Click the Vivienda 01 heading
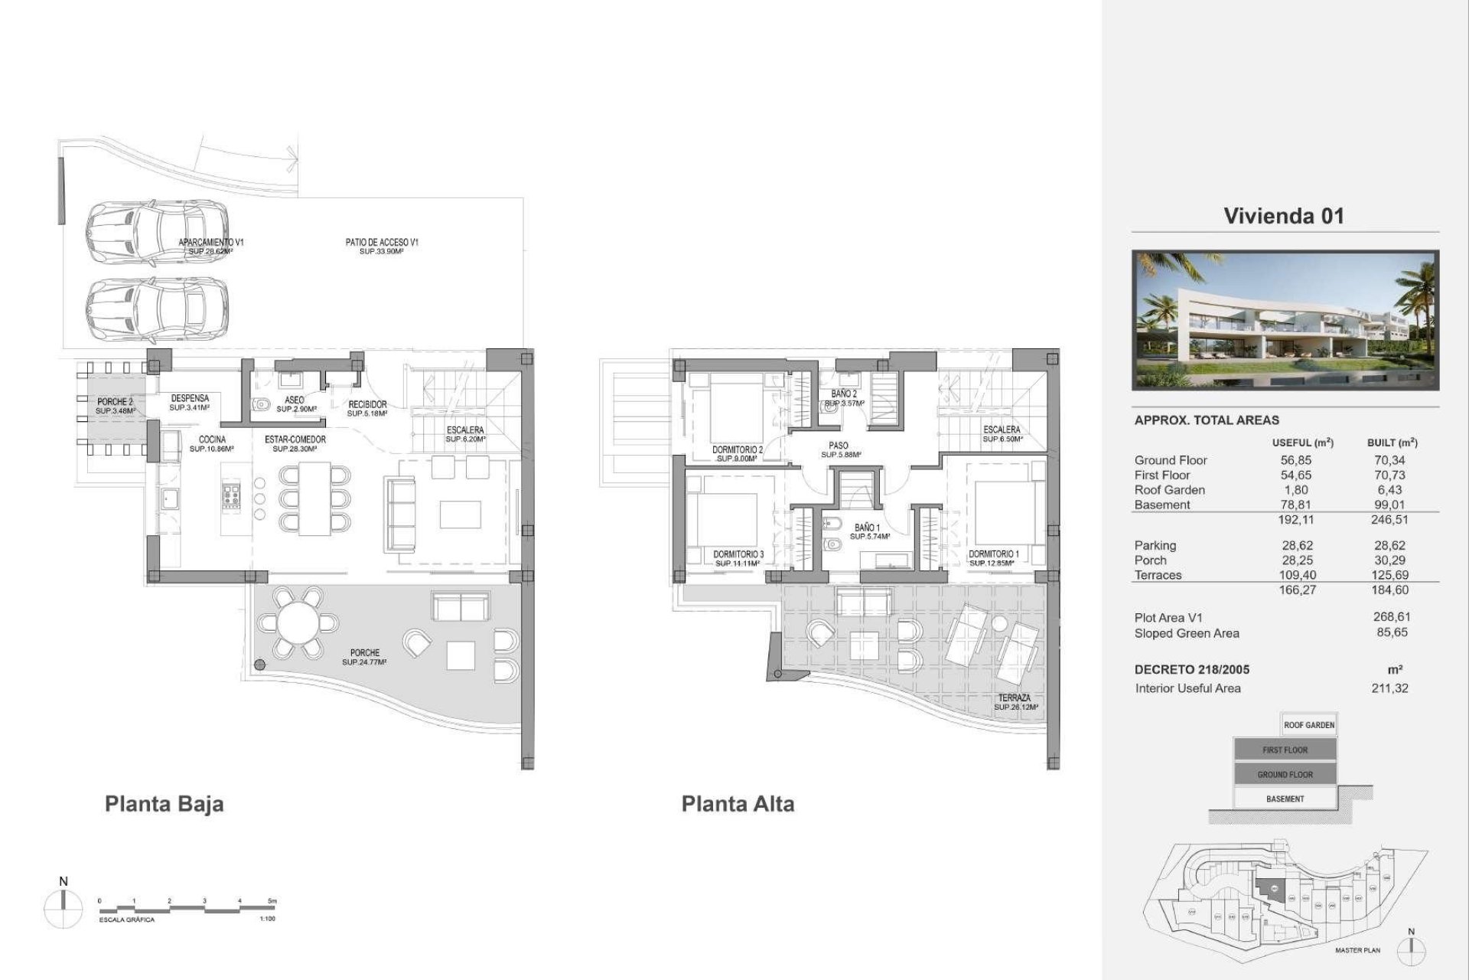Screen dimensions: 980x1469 click(1283, 216)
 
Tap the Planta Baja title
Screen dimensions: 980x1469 click(164, 804)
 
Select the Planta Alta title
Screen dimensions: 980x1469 click(738, 804)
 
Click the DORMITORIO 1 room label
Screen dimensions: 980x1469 click(994, 554)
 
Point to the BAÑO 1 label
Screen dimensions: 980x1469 click(868, 528)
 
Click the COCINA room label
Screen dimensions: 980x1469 click(212, 439)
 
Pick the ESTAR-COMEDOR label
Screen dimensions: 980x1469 click(295, 439)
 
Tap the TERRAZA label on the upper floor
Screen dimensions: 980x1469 click(1014, 698)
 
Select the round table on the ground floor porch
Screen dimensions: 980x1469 click(298, 624)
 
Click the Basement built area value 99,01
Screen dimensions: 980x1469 click(1389, 505)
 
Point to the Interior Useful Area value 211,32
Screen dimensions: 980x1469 click(1389, 688)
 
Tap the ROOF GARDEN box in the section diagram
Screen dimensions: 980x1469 click(1309, 724)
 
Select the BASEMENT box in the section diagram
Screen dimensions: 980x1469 click(1285, 799)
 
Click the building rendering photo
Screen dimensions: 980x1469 click(1285, 321)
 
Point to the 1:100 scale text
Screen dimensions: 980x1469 click(267, 919)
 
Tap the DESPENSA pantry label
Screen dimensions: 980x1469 click(190, 398)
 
